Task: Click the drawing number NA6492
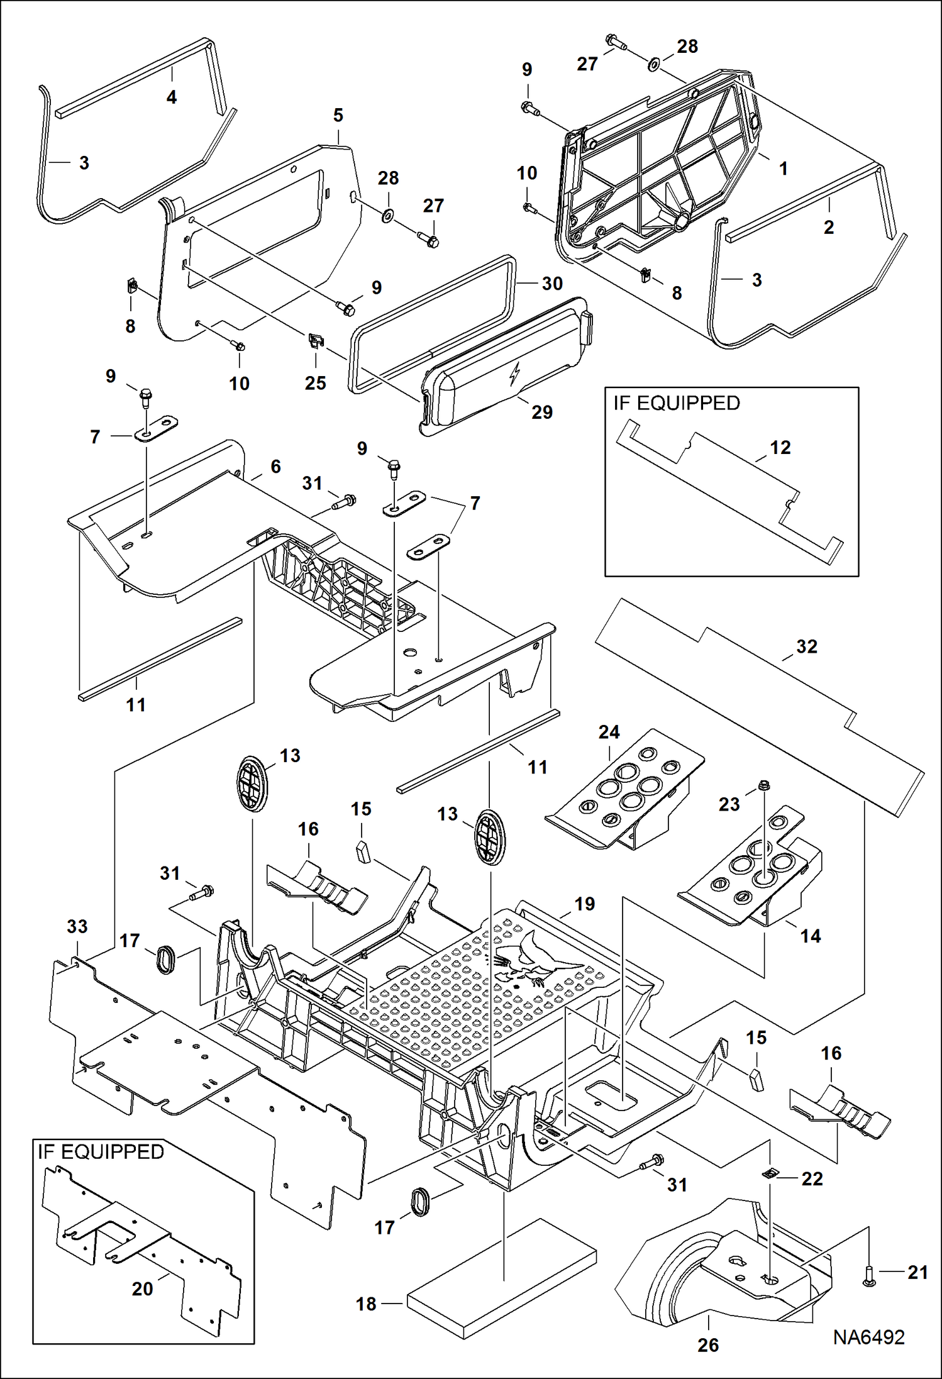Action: (x=868, y=1337)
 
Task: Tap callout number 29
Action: (x=541, y=412)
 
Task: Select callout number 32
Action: (x=806, y=646)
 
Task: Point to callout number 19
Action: (x=584, y=904)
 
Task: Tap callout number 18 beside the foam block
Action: (x=366, y=1304)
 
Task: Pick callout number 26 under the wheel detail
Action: (x=707, y=1345)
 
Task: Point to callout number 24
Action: (x=609, y=731)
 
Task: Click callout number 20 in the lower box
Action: (x=142, y=1288)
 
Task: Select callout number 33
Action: (x=77, y=926)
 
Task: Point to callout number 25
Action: (x=315, y=383)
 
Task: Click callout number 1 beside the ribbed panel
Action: (x=783, y=168)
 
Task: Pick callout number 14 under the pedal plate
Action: (x=811, y=936)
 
